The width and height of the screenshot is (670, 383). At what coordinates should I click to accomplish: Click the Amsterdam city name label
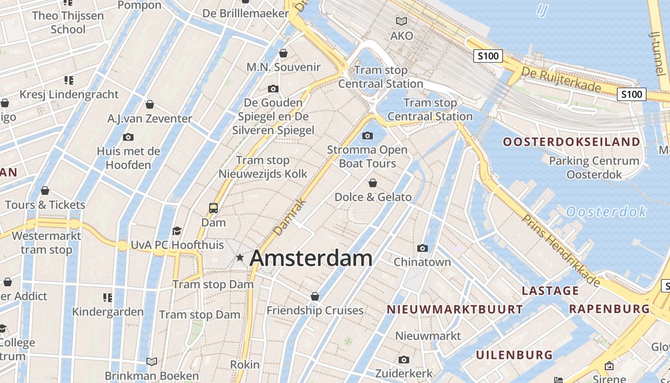[x=311, y=258]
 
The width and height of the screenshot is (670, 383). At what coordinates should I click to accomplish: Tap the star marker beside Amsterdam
[x=240, y=258]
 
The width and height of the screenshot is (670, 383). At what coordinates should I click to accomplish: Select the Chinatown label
[x=422, y=262]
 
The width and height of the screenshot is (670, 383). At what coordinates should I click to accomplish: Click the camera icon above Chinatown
[x=422, y=248]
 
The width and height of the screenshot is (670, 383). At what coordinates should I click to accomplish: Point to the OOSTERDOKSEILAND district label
[x=571, y=142]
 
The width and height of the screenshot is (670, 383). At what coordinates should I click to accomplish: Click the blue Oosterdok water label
[x=606, y=211]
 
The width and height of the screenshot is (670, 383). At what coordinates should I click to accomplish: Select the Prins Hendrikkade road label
[x=561, y=250]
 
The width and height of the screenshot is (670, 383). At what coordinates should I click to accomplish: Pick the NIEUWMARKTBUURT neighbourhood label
[x=455, y=309]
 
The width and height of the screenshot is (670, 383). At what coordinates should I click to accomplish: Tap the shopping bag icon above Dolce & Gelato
[x=373, y=183]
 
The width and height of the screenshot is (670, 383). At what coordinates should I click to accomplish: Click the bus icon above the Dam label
[x=213, y=208]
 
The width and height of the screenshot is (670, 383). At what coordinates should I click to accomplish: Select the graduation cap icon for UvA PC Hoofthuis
[x=177, y=231]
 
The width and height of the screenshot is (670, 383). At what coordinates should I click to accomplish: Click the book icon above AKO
[x=402, y=21]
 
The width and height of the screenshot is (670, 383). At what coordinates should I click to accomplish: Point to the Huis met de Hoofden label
[x=128, y=158]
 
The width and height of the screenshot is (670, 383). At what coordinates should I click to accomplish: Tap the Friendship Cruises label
[x=315, y=310]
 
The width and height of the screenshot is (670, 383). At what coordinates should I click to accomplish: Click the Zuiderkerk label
[x=404, y=373]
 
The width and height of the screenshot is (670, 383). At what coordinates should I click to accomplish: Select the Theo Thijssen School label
[x=68, y=22]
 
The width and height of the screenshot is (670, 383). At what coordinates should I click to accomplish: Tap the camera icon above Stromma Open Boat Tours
[x=368, y=136]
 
